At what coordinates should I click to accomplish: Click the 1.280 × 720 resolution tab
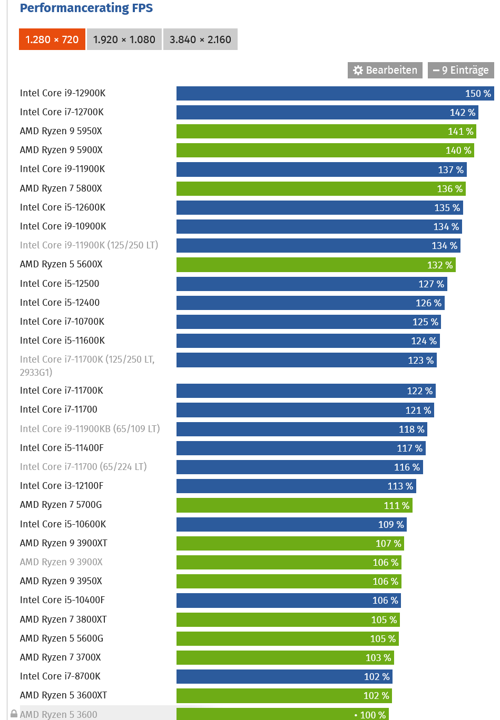(52, 39)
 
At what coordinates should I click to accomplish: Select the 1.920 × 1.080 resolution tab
(124, 39)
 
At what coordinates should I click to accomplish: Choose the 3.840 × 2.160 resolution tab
(200, 39)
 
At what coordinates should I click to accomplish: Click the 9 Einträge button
(460, 70)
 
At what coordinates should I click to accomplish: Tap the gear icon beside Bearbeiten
(358, 71)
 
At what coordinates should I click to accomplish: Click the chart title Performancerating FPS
(86, 8)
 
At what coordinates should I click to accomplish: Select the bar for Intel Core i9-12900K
(316, 93)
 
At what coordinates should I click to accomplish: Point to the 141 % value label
(460, 132)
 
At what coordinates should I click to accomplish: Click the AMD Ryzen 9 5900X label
(61, 150)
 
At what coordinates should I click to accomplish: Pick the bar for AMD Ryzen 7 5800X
(306, 188)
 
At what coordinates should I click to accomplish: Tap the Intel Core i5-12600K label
(62, 207)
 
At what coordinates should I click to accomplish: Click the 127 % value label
(431, 284)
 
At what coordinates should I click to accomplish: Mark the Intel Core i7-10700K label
(62, 322)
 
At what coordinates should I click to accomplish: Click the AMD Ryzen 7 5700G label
(61, 505)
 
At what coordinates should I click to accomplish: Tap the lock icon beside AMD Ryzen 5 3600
(14, 714)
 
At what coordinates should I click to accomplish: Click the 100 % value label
(373, 715)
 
